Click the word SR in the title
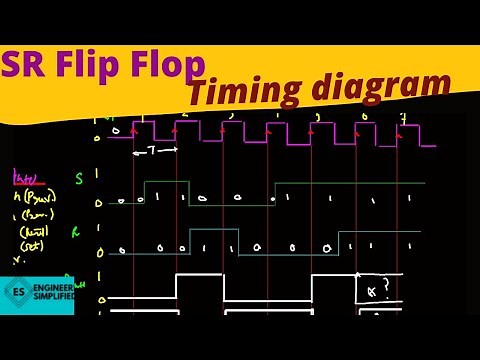click(27, 66)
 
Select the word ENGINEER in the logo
click(52, 289)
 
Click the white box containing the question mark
click(380, 288)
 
